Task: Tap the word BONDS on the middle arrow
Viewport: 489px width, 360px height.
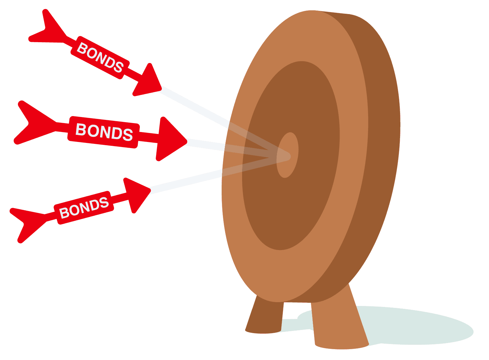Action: click(104, 132)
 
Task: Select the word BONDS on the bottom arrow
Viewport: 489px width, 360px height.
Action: click(84, 207)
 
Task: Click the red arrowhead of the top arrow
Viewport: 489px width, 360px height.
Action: click(147, 81)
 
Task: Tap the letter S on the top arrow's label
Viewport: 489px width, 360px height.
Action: click(118, 67)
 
